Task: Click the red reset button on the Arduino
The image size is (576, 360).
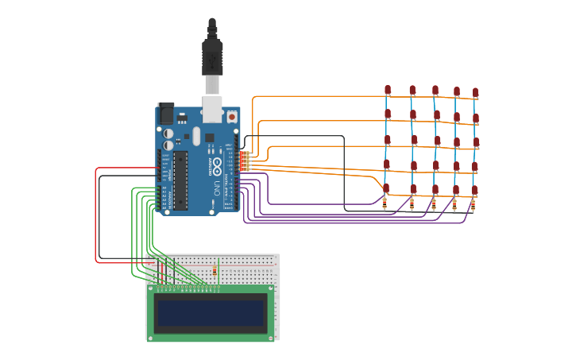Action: (x=232, y=116)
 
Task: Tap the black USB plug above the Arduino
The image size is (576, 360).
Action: (x=212, y=56)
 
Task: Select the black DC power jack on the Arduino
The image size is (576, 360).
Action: (x=166, y=114)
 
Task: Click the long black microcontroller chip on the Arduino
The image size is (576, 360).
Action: (x=180, y=180)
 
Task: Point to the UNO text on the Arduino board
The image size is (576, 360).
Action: (x=217, y=188)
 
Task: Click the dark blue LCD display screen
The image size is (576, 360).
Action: (x=211, y=314)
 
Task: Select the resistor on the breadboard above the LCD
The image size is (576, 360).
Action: (x=215, y=272)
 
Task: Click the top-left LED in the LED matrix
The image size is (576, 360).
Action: (x=388, y=90)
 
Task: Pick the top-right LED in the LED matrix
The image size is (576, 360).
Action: (x=475, y=93)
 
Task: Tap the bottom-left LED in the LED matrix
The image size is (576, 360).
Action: (x=386, y=188)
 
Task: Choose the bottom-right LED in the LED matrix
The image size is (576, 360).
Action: (x=474, y=191)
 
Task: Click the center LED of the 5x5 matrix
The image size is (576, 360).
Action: (x=436, y=141)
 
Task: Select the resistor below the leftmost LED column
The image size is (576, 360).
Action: (x=385, y=203)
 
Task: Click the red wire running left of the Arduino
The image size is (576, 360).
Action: (x=96, y=215)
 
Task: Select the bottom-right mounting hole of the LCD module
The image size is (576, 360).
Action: (x=271, y=337)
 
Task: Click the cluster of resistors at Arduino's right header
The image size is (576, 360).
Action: (x=246, y=161)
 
